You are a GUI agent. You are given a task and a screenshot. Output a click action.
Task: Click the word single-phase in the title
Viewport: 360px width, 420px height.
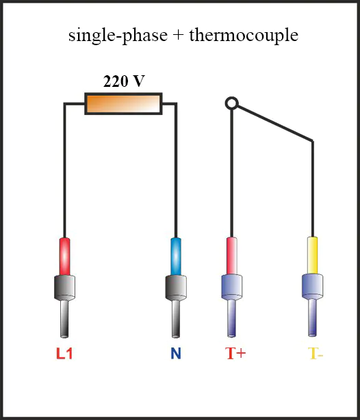tap(118, 36)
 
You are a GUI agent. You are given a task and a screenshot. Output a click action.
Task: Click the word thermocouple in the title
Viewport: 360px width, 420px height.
tap(244, 36)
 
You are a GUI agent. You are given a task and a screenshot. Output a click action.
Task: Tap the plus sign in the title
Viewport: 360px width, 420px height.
tap(179, 36)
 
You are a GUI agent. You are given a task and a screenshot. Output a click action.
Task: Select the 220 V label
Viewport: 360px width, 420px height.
tap(124, 81)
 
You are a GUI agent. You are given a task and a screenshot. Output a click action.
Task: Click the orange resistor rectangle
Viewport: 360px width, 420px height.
tap(124, 104)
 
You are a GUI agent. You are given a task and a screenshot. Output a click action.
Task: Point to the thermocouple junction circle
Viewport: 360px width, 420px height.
tap(231, 103)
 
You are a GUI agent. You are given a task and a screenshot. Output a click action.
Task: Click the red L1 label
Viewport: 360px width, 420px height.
tap(64, 353)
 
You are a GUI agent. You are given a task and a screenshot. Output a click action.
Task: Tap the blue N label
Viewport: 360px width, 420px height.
tap(176, 353)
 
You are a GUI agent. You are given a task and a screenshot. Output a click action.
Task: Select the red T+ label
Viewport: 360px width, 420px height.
tap(235, 353)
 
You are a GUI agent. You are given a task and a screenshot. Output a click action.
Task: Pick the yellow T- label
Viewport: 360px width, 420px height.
tap(316, 353)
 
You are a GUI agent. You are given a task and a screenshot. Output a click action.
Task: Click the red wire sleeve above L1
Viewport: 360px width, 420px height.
tap(64, 257)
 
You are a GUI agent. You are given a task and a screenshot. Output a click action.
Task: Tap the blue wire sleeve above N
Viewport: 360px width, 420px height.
tap(176, 257)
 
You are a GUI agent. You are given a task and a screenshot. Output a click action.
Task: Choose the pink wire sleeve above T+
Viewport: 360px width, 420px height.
tap(232, 256)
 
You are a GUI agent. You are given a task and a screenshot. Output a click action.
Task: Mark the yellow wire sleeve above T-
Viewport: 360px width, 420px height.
tap(313, 256)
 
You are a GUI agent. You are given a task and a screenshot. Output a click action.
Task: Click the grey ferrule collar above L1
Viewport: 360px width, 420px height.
tap(64, 288)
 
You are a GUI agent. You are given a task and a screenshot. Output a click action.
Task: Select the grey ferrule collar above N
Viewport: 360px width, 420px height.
tap(176, 288)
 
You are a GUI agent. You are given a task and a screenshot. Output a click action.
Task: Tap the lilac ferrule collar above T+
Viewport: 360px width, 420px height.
tap(232, 287)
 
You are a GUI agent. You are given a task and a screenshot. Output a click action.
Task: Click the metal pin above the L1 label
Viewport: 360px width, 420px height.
tap(64, 319)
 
